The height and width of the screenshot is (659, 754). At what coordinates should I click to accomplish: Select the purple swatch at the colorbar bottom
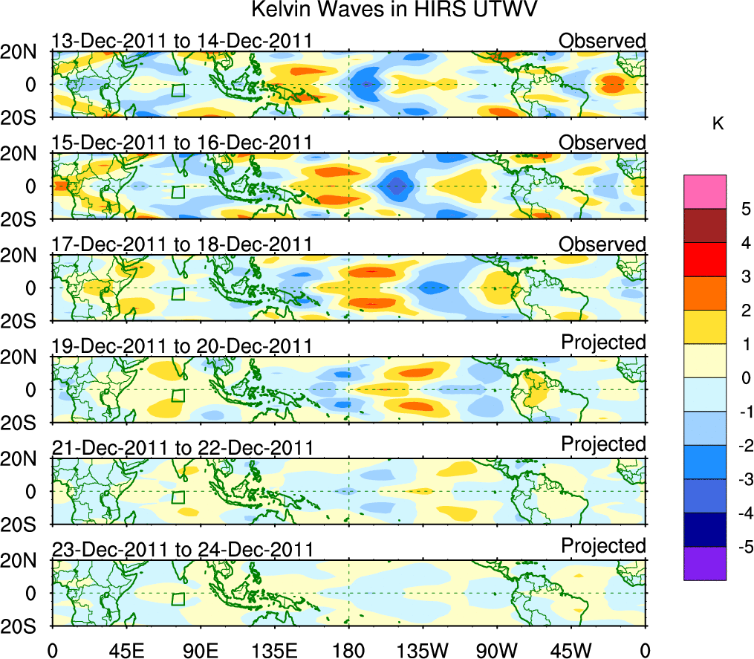pos(704,563)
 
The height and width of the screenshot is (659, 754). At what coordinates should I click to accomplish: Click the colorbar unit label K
pos(718,124)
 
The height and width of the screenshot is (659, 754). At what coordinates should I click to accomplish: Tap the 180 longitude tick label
pos(348,650)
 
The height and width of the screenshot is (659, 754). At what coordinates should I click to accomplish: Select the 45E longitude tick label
pos(126,650)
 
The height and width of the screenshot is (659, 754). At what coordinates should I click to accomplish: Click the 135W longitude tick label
pos(422,650)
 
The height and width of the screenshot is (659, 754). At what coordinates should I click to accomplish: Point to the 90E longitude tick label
pos(200,650)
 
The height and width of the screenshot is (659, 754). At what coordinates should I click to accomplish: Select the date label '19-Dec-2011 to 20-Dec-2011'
pos(182,346)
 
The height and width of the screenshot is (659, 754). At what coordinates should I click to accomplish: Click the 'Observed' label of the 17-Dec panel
pos(602,244)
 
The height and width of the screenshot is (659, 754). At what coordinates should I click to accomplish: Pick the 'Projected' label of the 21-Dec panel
pos(603,444)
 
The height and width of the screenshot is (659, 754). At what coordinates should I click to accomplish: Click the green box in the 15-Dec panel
pos(178,192)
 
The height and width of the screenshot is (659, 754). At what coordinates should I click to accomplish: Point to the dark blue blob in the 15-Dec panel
pos(397,186)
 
